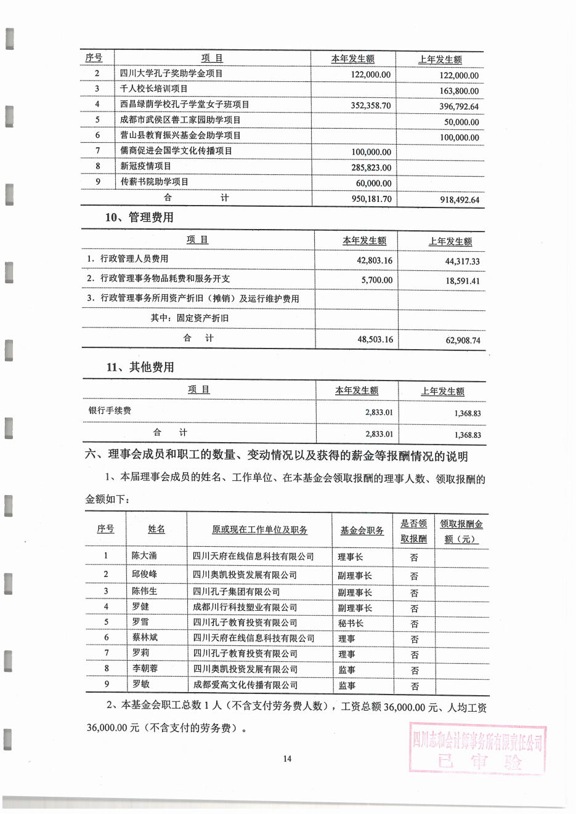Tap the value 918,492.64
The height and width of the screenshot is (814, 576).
click(459, 199)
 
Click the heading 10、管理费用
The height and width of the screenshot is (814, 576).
click(139, 217)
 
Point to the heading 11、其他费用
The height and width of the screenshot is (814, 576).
click(140, 367)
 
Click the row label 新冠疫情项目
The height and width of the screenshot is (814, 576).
click(146, 166)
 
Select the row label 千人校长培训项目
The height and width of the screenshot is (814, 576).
click(154, 89)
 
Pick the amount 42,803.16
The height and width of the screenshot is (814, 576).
click(375, 260)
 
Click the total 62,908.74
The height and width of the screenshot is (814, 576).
click(462, 340)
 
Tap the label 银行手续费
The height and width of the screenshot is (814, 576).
click(110, 410)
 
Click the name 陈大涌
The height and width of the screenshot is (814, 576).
click(144, 555)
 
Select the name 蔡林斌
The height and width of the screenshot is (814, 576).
click(145, 637)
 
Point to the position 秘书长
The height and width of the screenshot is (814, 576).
click(351, 623)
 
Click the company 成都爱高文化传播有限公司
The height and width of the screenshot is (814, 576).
click(245, 685)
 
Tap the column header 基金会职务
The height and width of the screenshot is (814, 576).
click(362, 530)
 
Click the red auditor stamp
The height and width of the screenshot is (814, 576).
click(478, 749)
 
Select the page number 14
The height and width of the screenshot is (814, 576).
click(287, 759)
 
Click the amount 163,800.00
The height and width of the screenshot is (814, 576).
click(459, 91)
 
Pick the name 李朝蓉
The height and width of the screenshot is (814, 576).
click(145, 668)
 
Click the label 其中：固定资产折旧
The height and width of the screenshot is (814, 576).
click(189, 318)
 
